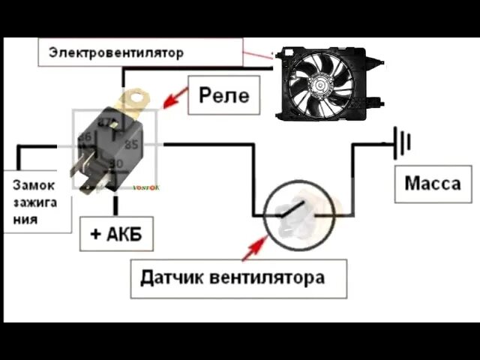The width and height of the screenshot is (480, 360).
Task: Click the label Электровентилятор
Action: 116,53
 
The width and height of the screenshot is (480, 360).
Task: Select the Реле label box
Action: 223,95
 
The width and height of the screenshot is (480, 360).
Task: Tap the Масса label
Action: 433,183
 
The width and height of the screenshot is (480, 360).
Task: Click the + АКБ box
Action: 116,234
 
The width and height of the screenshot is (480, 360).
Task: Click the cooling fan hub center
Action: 322,83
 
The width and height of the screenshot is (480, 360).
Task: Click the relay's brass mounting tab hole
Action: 136,97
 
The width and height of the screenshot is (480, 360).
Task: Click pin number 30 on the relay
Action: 115,163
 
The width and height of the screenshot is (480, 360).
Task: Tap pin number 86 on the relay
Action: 85,137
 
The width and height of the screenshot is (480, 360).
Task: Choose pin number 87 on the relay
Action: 107,121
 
